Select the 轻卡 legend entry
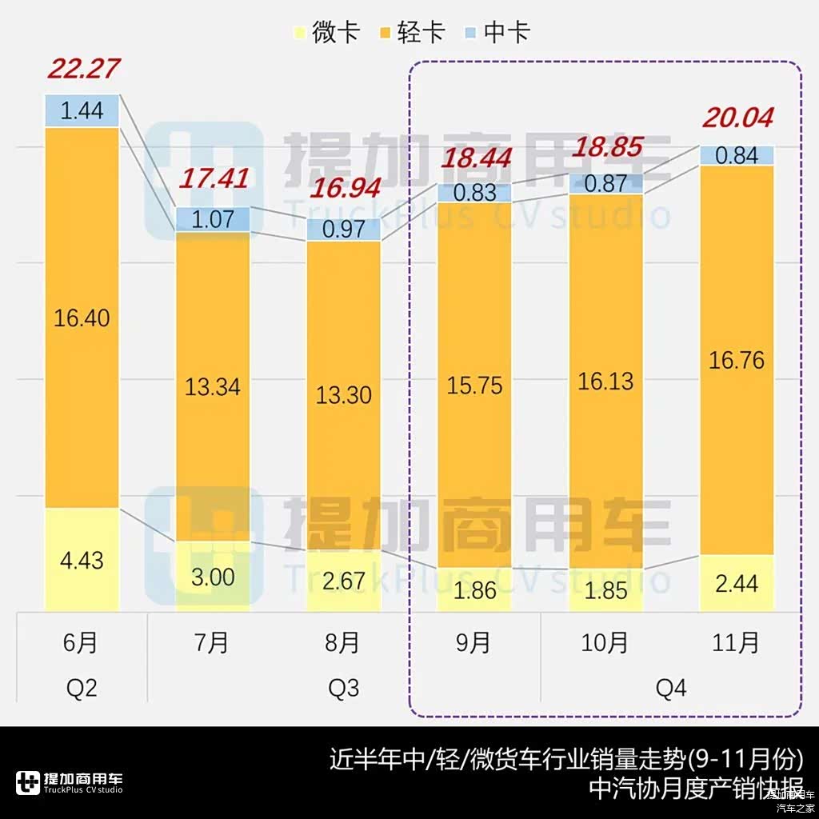(412, 33)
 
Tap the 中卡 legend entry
(497, 33)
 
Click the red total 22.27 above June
(83, 69)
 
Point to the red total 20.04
(738, 118)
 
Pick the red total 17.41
(213, 178)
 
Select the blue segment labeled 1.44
(82, 111)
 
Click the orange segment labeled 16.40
(82, 318)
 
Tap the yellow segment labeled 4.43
(82, 560)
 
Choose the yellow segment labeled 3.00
(213, 577)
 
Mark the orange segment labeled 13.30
(344, 394)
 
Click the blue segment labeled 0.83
(474, 193)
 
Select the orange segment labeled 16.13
(605, 381)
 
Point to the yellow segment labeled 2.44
(737, 583)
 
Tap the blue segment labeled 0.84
(737, 155)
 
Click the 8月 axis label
(344, 642)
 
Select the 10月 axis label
(605, 642)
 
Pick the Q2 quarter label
(82, 688)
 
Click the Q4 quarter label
(671, 688)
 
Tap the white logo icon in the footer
(28, 783)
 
